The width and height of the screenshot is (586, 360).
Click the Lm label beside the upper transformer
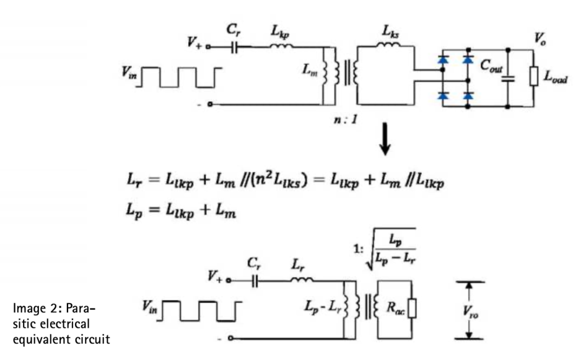click(x=310, y=71)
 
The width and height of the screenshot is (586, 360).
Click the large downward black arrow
click(x=385, y=143)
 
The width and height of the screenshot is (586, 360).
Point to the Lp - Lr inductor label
click(x=325, y=307)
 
